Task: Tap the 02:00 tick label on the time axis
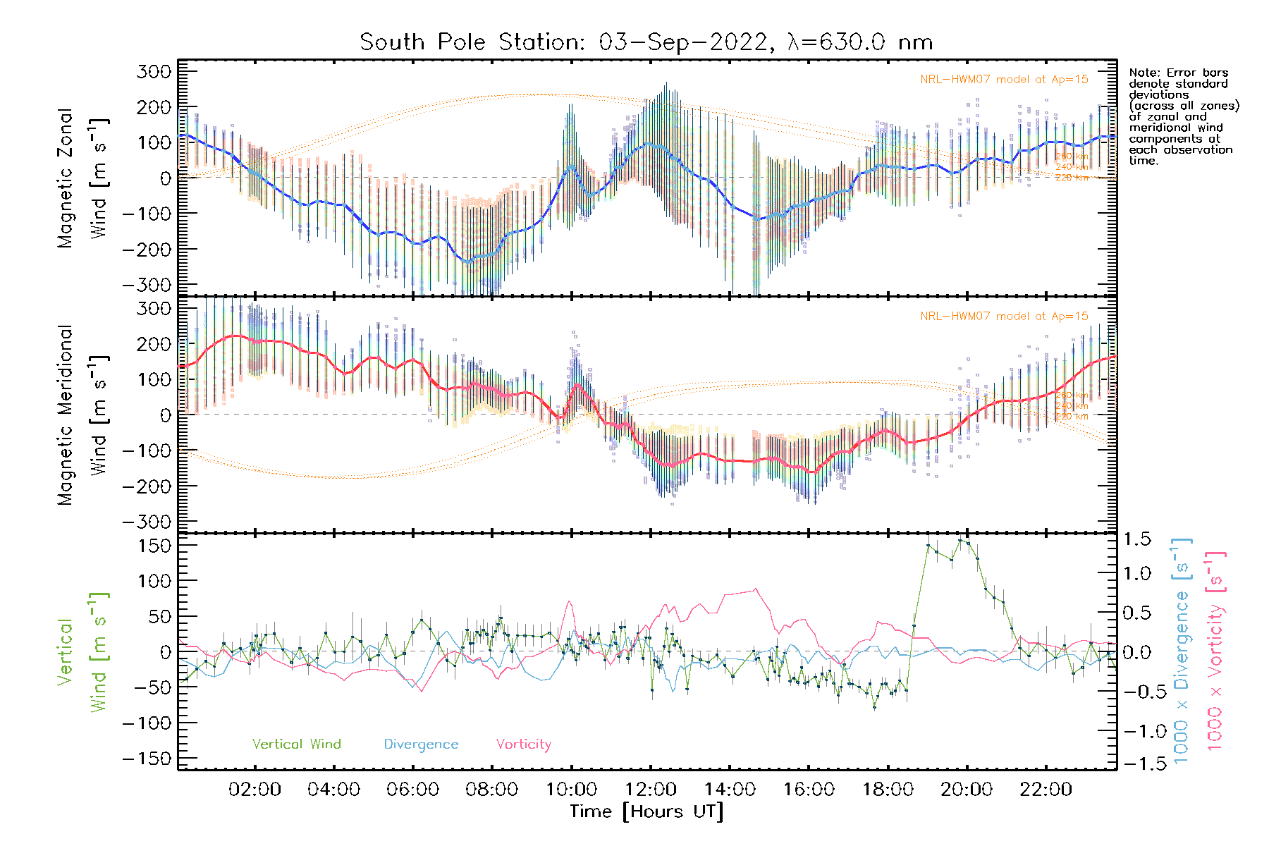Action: point(255,790)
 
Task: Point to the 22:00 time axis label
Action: point(1046,790)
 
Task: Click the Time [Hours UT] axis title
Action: point(646,811)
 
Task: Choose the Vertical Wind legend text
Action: point(296,744)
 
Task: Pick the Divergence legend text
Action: point(421,744)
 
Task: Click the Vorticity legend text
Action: point(523,744)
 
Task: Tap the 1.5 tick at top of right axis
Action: point(1137,539)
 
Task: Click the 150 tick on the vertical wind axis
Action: point(155,546)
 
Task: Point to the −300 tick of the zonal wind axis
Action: point(147,285)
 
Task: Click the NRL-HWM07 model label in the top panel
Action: point(1004,80)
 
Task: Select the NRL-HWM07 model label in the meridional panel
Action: point(1004,317)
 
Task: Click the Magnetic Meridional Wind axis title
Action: point(82,415)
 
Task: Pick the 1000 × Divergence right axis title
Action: point(1182,650)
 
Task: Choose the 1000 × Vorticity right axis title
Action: point(1215,650)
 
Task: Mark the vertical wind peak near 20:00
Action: point(960,540)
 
